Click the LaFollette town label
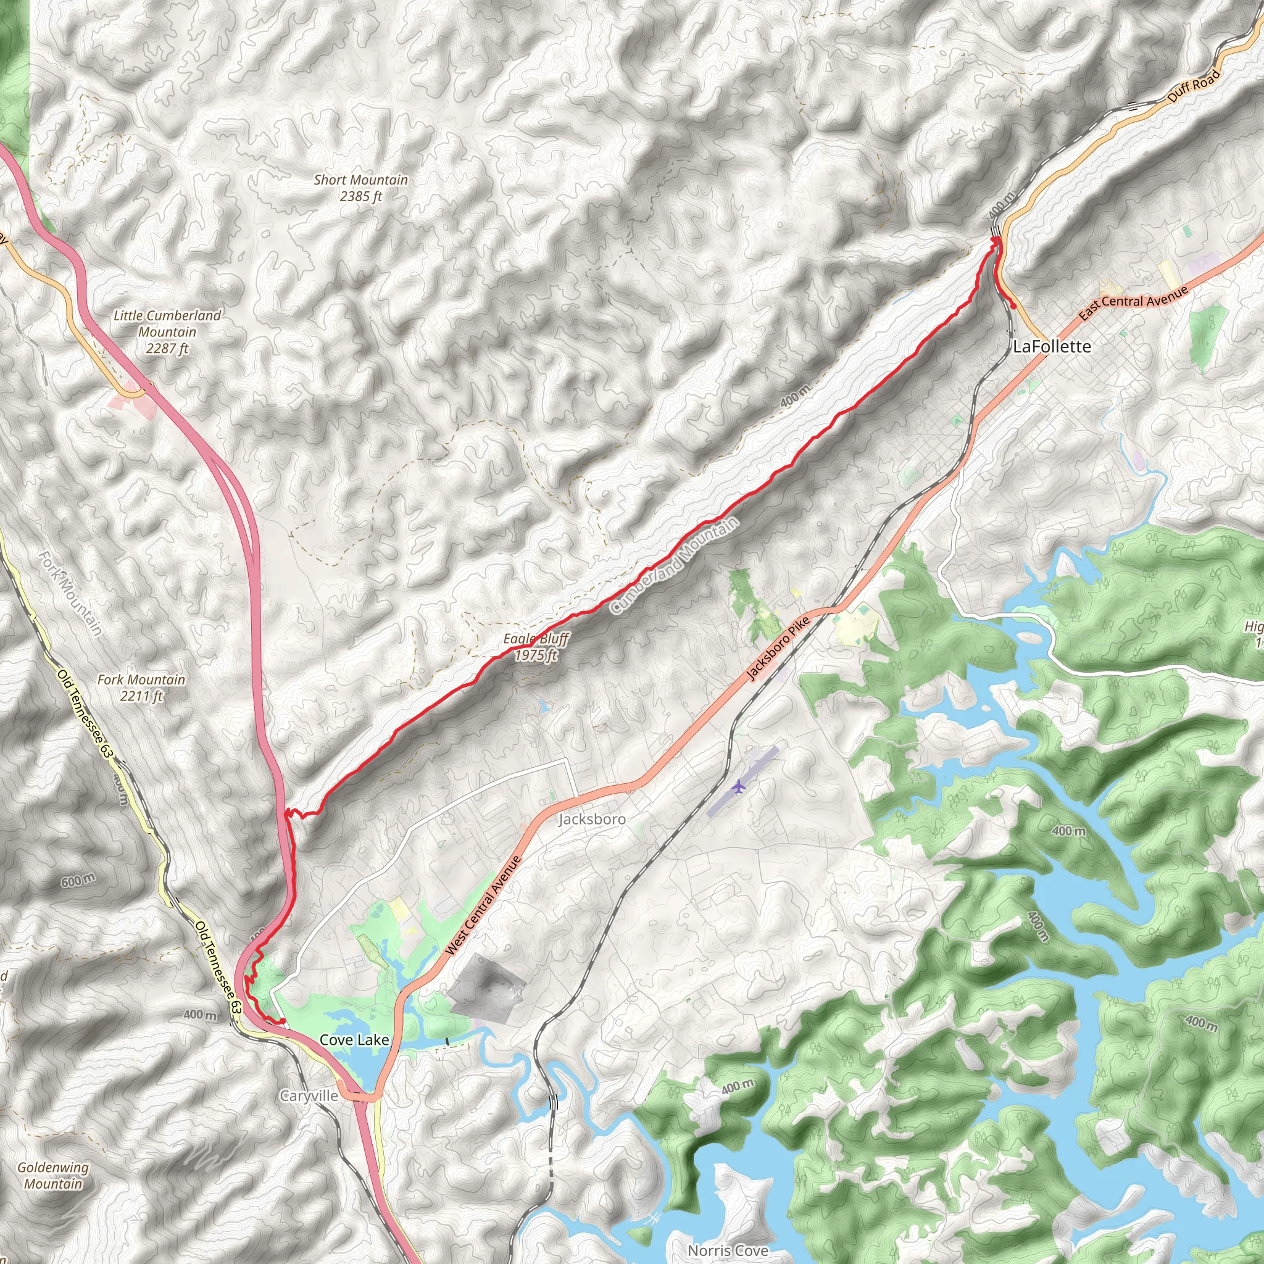coord(1051,347)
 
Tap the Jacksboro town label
coord(591,819)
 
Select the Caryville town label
coord(309,1096)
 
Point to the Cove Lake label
coord(354,1039)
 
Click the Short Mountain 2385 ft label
coord(360,188)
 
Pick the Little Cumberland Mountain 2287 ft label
coord(167,331)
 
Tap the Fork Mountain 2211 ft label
coord(141,688)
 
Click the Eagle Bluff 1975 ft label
coord(536,646)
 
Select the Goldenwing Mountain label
coord(53,1176)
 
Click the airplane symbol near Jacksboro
coord(739,786)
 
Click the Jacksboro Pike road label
coord(778,649)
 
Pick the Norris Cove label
coord(728,1250)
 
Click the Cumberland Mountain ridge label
coord(675,565)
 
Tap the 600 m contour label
coord(78,881)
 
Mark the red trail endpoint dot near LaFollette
coord(1013,306)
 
